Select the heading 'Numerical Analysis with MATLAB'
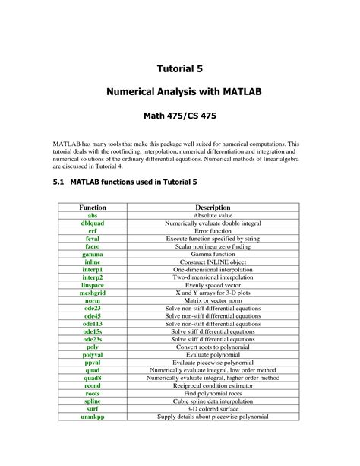pos(179,93)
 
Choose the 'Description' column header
pos(213,207)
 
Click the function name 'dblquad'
pos(93,223)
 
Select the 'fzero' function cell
pos(93,246)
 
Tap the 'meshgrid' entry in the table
pos(93,293)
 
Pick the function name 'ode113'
pos(93,324)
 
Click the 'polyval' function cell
pos(93,355)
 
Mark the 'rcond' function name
pos(93,385)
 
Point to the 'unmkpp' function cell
pos(93,417)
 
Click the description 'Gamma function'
pos(213,254)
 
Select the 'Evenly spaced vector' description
pos(213,285)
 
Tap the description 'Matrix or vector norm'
pos(213,300)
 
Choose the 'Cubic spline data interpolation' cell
pos(213,401)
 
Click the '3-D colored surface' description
pos(213,409)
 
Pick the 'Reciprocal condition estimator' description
pos(213,385)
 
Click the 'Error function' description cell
pos(213,230)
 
